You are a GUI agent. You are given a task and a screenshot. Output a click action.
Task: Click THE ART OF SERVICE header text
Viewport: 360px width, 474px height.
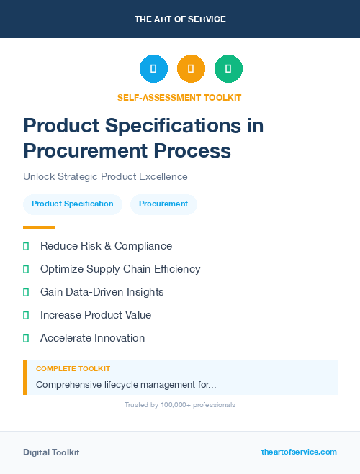coord(180,19)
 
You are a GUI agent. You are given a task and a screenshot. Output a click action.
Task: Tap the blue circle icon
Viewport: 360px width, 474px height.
coord(153,69)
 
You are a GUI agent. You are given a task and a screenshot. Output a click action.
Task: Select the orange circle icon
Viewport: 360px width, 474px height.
coord(191,69)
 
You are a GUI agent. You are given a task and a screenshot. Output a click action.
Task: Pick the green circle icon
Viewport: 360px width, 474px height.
coord(228,69)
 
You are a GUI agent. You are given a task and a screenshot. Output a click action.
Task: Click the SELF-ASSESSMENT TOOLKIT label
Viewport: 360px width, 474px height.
coord(180,97)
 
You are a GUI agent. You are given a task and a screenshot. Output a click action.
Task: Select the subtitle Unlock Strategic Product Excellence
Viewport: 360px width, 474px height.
coord(105,176)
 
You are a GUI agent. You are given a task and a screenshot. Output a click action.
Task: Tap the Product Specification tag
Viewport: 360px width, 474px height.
coord(73,204)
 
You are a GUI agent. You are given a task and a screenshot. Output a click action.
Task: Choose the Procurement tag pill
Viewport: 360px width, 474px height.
coord(163,204)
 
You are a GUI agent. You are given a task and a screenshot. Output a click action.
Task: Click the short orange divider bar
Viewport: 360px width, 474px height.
coord(39,227)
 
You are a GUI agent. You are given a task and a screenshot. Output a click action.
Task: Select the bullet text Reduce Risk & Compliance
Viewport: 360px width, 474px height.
coord(106,246)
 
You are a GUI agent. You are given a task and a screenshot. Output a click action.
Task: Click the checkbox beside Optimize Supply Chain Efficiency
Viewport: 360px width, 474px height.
coord(26,270)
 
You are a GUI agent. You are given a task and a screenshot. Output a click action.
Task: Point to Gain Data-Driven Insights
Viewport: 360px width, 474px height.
coord(102,292)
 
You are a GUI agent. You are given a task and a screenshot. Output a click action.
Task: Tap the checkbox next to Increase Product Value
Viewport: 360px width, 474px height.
coord(26,316)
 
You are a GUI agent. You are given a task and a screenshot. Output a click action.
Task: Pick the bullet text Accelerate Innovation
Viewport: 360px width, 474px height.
coord(92,338)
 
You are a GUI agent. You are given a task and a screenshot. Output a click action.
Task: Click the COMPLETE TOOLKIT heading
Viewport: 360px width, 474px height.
coord(73,369)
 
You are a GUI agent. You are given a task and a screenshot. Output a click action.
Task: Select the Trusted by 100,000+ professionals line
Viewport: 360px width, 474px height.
coord(180,405)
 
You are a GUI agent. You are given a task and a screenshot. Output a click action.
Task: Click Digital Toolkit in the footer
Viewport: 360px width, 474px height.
coord(51,452)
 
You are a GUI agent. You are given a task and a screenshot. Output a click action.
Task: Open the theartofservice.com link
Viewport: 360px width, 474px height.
coord(299,452)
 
